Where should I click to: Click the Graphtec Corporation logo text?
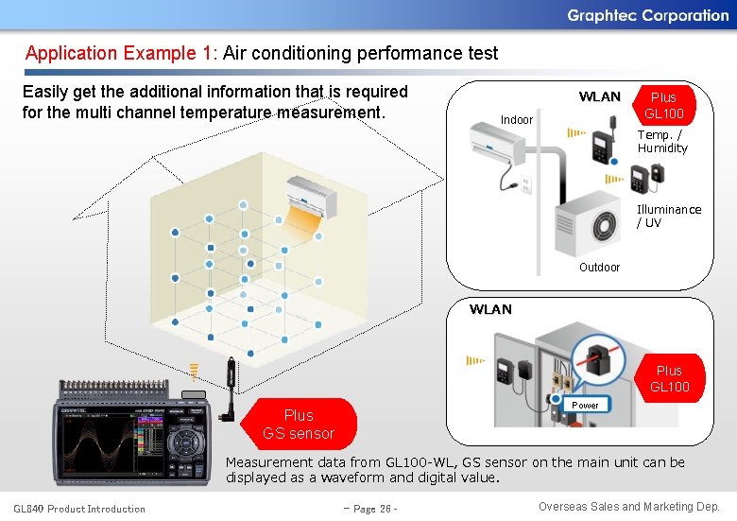click(647, 15)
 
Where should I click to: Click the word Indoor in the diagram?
click(517, 120)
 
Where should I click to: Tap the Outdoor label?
click(599, 268)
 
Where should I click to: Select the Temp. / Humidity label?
click(662, 142)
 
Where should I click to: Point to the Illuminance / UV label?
click(668, 216)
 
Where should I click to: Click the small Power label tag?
click(586, 405)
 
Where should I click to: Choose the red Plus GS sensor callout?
click(299, 424)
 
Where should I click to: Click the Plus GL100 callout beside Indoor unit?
click(663, 105)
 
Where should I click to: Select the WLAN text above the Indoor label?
click(599, 96)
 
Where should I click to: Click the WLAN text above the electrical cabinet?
click(490, 309)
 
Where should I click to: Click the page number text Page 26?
click(369, 509)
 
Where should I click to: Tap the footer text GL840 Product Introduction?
click(79, 509)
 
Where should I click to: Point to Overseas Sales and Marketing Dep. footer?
click(628, 507)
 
